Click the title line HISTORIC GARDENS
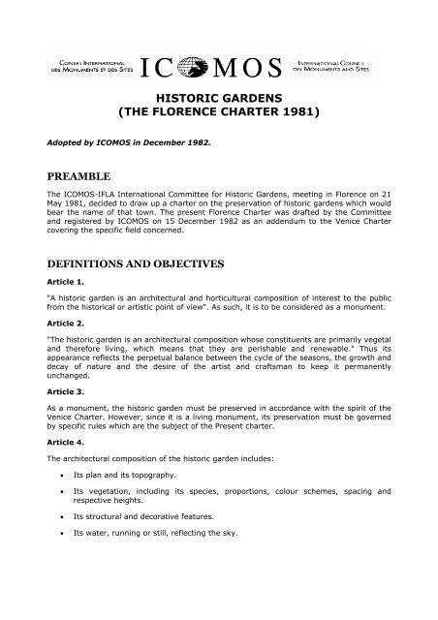click(219, 101)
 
